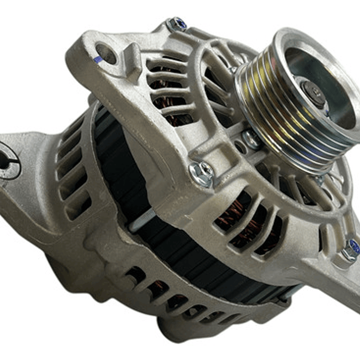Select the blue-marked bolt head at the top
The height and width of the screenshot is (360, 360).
177,24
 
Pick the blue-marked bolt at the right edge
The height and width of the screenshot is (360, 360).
351,249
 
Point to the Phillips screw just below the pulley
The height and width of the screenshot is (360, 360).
251,139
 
